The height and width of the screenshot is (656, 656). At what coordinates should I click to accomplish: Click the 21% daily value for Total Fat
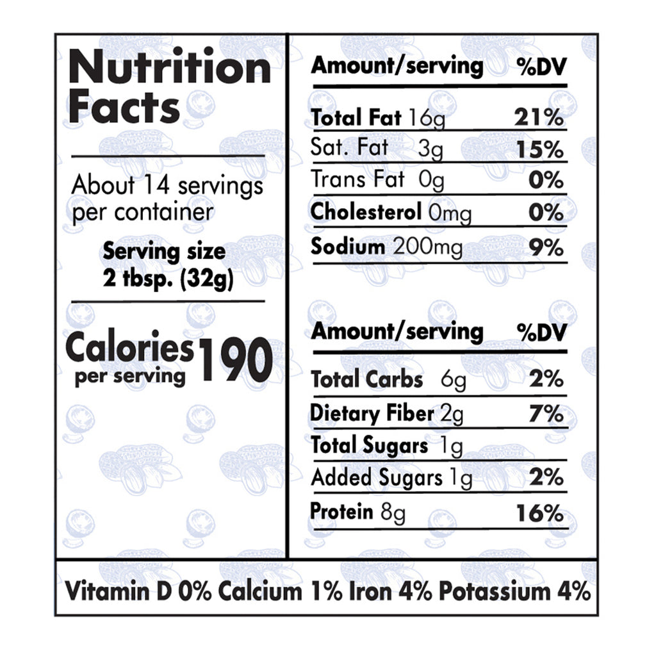click(539, 119)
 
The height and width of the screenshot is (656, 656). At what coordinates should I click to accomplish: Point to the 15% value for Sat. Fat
click(539, 150)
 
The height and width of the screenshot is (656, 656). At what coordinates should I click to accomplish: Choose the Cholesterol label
click(366, 212)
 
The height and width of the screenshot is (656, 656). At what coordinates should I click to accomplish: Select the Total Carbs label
click(366, 380)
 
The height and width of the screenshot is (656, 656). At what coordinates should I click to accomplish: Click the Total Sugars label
click(369, 445)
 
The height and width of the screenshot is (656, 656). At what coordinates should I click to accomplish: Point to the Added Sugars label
click(376, 478)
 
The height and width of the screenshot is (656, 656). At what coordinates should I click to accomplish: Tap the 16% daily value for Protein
click(540, 512)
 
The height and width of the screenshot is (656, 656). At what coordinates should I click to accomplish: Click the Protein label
click(341, 512)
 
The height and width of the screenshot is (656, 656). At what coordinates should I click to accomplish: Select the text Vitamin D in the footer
click(119, 591)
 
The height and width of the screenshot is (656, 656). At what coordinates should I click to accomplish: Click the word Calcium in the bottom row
click(259, 591)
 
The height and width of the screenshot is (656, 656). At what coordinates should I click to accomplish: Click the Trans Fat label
click(357, 180)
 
